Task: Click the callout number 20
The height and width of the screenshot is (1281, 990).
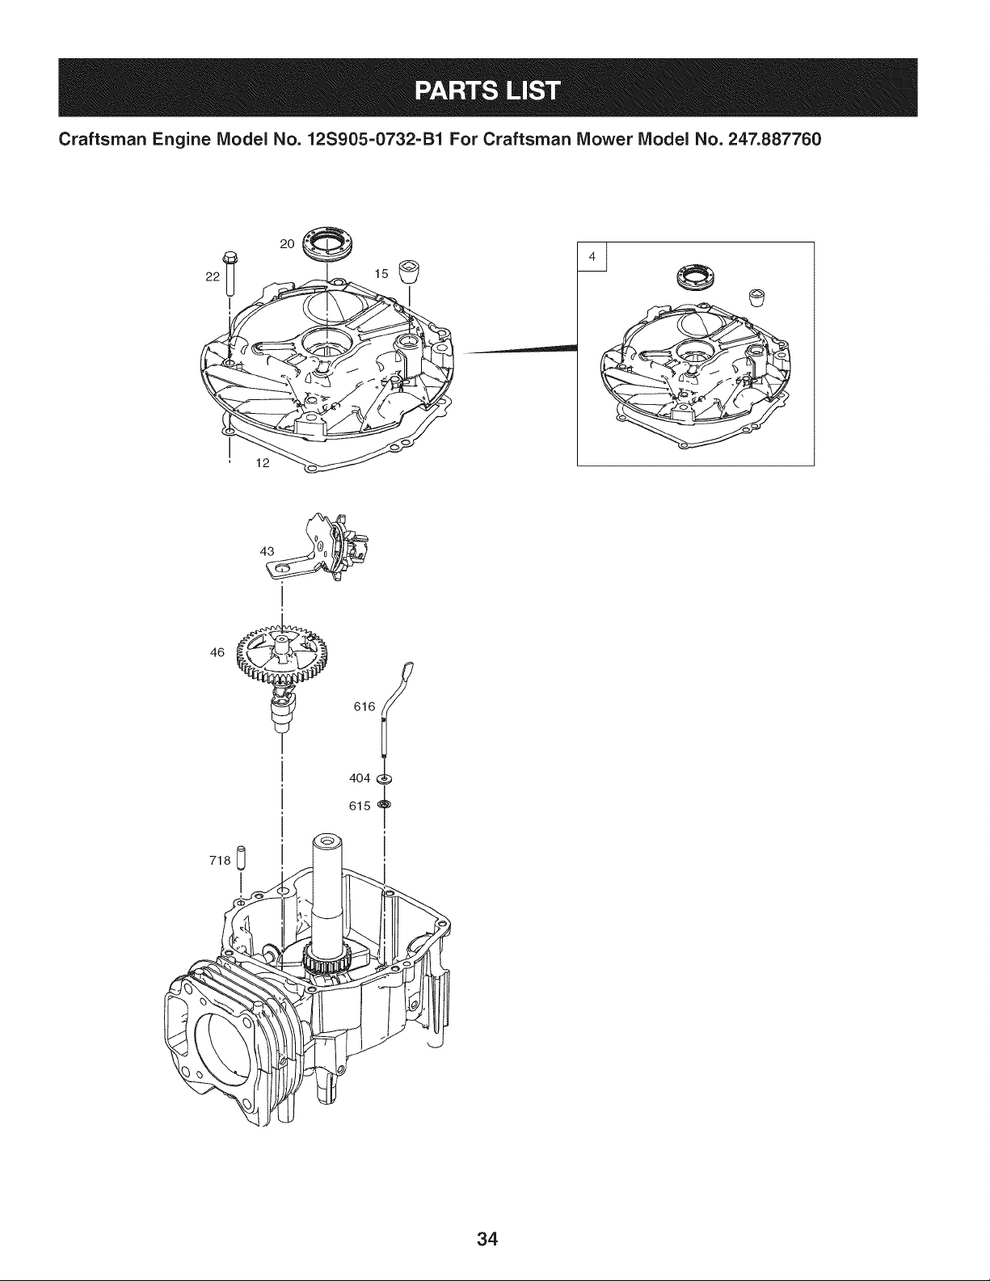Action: tap(287, 244)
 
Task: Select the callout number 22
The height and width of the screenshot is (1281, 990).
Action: tap(212, 276)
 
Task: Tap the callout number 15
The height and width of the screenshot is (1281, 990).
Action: tap(381, 273)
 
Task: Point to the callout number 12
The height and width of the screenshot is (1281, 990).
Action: tap(262, 463)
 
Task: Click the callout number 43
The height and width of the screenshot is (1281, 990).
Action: tap(267, 551)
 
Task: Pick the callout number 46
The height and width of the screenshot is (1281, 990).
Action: tap(217, 652)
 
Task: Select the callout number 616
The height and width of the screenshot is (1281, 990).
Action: tap(364, 706)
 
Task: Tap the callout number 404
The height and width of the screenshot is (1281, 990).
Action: tap(360, 778)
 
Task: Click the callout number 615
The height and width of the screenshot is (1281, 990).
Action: tap(360, 806)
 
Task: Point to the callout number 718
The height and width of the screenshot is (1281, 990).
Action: tap(220, 861)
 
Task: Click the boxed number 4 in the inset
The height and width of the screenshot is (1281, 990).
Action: tap(592, 256)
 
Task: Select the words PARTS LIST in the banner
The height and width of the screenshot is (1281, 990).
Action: tap(487, 91)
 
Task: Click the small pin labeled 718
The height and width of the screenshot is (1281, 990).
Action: tap(241, 858)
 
